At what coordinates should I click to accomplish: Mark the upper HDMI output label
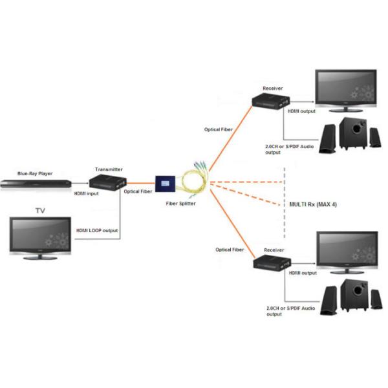tap(301, 112)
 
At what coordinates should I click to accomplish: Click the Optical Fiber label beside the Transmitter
tap(138, 191)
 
